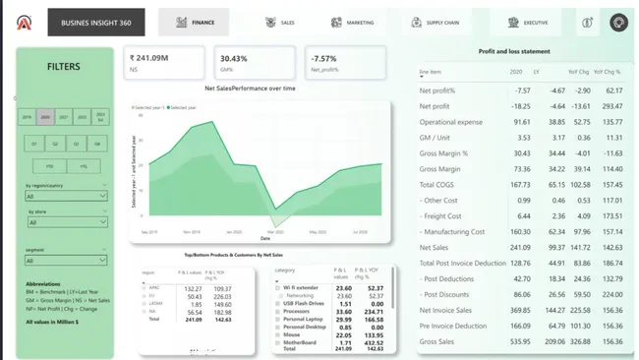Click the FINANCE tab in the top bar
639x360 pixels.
tap(194, 22)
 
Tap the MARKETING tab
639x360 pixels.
tap(352, 22)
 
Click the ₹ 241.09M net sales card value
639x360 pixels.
tap(151, 58)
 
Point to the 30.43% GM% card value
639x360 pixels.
tap(234, 58)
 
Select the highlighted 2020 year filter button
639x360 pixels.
tap(45, 116)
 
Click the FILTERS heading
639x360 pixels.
tap(64, 67)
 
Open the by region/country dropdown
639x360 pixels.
tap(65, 196)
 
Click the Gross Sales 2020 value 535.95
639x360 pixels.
tap(520, 341)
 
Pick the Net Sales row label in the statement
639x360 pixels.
tap(434, 247)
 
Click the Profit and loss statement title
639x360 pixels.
tap(514, 50)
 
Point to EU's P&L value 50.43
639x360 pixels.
tap(194, 296)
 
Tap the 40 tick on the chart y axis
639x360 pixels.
tap(142, 115)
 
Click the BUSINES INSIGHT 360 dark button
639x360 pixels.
tap(95, 22)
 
